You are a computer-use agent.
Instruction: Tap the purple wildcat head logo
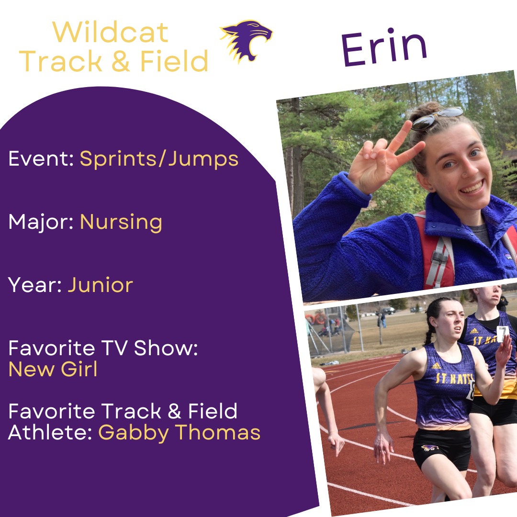(247, 41)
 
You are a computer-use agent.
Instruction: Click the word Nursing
(121, 223)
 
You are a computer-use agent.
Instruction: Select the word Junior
(100, 285)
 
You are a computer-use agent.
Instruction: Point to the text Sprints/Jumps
(159, 159)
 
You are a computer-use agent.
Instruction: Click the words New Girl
(53, 369)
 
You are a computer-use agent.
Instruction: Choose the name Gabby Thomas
(180, 432)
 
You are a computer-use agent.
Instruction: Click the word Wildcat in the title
(111, 33)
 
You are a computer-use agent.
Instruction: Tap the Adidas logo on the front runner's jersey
(436, 366)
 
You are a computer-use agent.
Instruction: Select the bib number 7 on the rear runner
(502, 334)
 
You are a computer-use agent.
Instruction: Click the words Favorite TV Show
(103, 348)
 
